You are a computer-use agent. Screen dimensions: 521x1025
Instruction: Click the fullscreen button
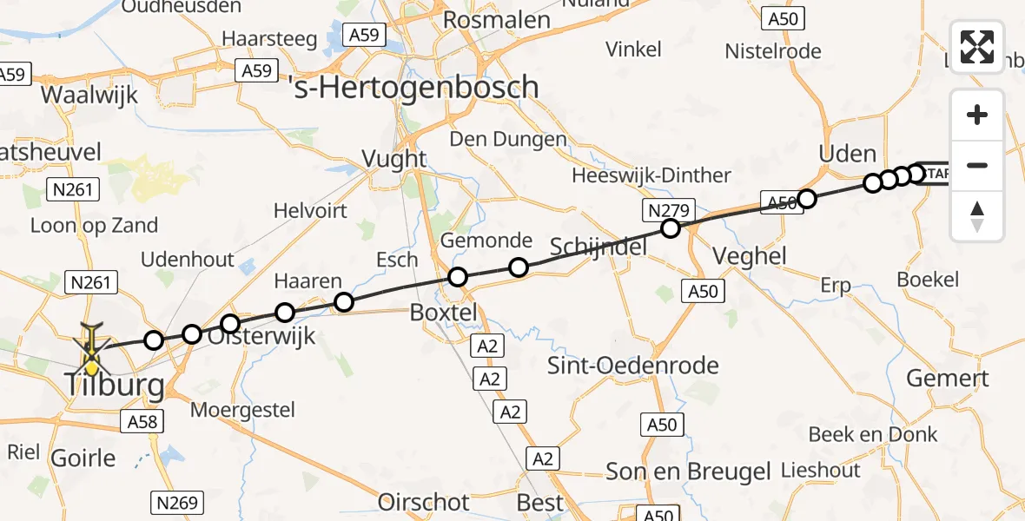tap(977, 47)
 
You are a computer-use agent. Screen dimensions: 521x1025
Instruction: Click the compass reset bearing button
tap(977, 216)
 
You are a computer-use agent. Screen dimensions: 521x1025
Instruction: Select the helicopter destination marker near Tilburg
tap(91, 352)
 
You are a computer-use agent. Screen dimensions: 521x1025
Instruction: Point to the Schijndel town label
tap(599, 247)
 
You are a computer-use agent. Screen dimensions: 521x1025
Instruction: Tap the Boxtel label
tap(444, 313)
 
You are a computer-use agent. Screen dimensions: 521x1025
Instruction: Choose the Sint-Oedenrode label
tap(633, 366)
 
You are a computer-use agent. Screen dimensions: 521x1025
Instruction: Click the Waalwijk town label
tap(89, 95)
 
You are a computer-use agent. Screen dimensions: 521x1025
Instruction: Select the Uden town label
tap(848, 155)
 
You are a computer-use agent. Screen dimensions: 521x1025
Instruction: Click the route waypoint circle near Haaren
tap(344, 302)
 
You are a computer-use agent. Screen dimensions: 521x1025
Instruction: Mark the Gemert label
tap(948, 379)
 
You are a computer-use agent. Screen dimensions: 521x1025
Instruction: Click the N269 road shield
tap(177, 502)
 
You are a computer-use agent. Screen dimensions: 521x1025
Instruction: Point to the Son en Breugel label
tap(689, 472)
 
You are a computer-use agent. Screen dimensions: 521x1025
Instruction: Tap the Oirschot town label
tap(424, 502)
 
